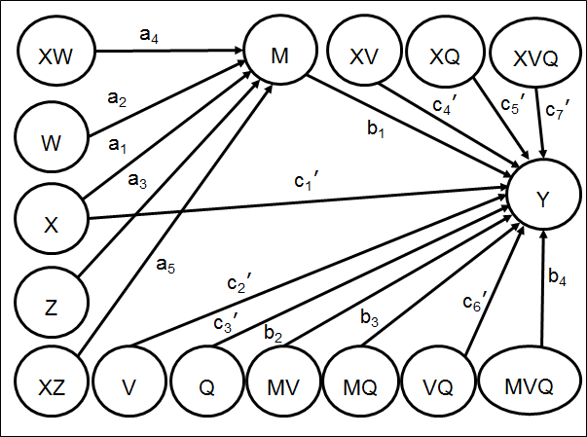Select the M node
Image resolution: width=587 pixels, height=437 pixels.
point(280,56)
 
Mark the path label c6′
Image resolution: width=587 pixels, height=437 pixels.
point(472,302)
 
